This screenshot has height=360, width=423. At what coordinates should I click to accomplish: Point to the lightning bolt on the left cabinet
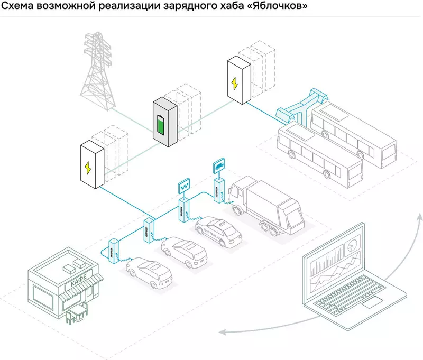coord(88,168)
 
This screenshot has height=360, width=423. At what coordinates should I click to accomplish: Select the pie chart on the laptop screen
coord(351,247)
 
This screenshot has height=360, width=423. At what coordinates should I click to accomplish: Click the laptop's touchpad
coord(373,302)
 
